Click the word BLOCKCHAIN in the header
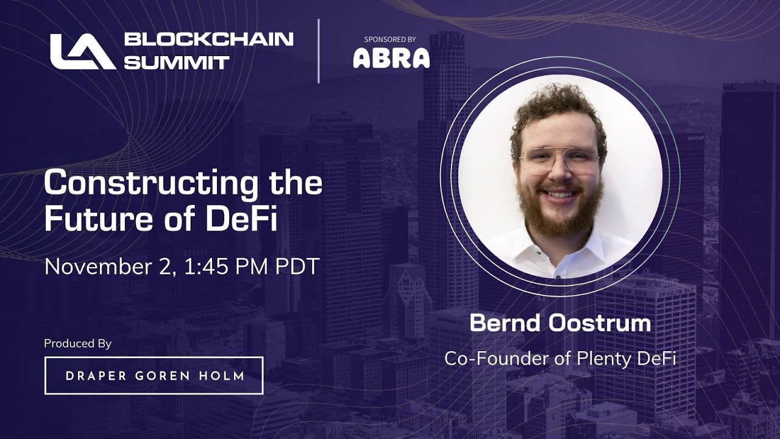click(209, 40)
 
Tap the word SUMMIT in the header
click(177, 62)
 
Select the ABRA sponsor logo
click(391, 58)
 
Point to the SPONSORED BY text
click(390, 39)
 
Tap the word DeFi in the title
click(242, 220)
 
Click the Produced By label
click(77, 344)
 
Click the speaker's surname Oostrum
click(599, 324)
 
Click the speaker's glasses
click(558, 159)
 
